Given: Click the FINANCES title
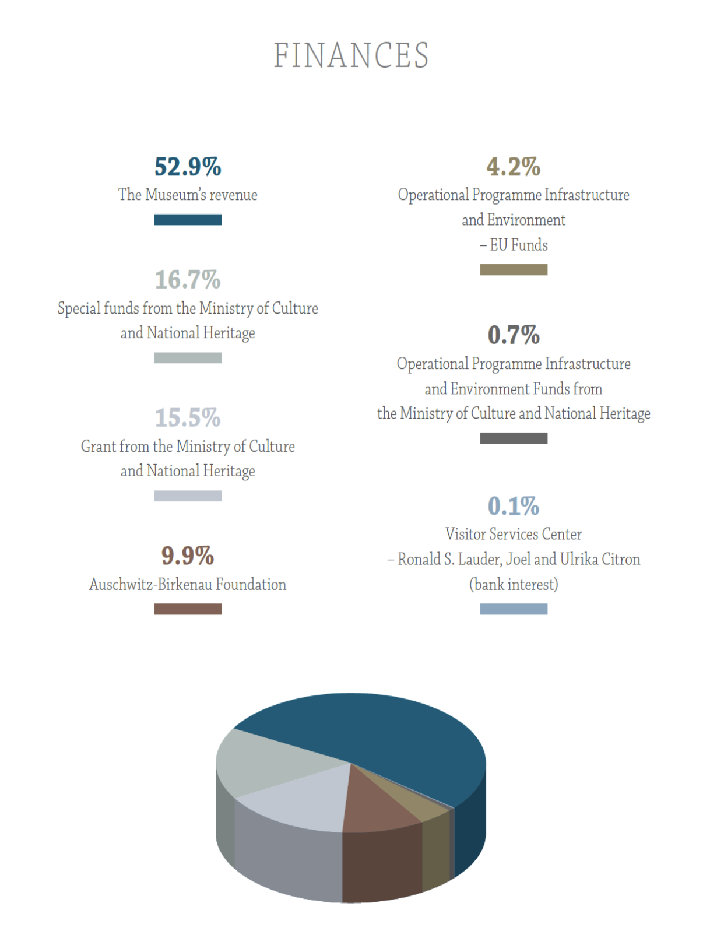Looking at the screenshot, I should coord(351,56).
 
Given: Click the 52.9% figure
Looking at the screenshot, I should coord(188,167).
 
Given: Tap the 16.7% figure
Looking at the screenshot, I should coord(188,280).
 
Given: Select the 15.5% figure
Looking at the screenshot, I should coord(188,418).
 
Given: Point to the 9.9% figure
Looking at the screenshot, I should coord(188,556).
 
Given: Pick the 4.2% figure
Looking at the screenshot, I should coord(513,167).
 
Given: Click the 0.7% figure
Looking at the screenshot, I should coord(513,335).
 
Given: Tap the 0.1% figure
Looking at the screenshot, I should coord(513,506).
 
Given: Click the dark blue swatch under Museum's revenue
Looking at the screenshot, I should coord(188,220).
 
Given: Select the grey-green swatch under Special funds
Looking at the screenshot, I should coord(188,358).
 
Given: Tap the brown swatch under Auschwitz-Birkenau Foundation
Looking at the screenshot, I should coord(188,609).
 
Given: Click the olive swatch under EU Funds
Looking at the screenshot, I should coord(513,269).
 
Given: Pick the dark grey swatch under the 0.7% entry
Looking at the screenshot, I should coord(513,438).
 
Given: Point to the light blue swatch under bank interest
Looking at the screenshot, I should coord(513,609).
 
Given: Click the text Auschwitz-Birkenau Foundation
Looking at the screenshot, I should coord(188,585).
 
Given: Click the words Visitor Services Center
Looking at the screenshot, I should coord(513,534).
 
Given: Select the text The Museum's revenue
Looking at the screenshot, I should coord(188,195).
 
